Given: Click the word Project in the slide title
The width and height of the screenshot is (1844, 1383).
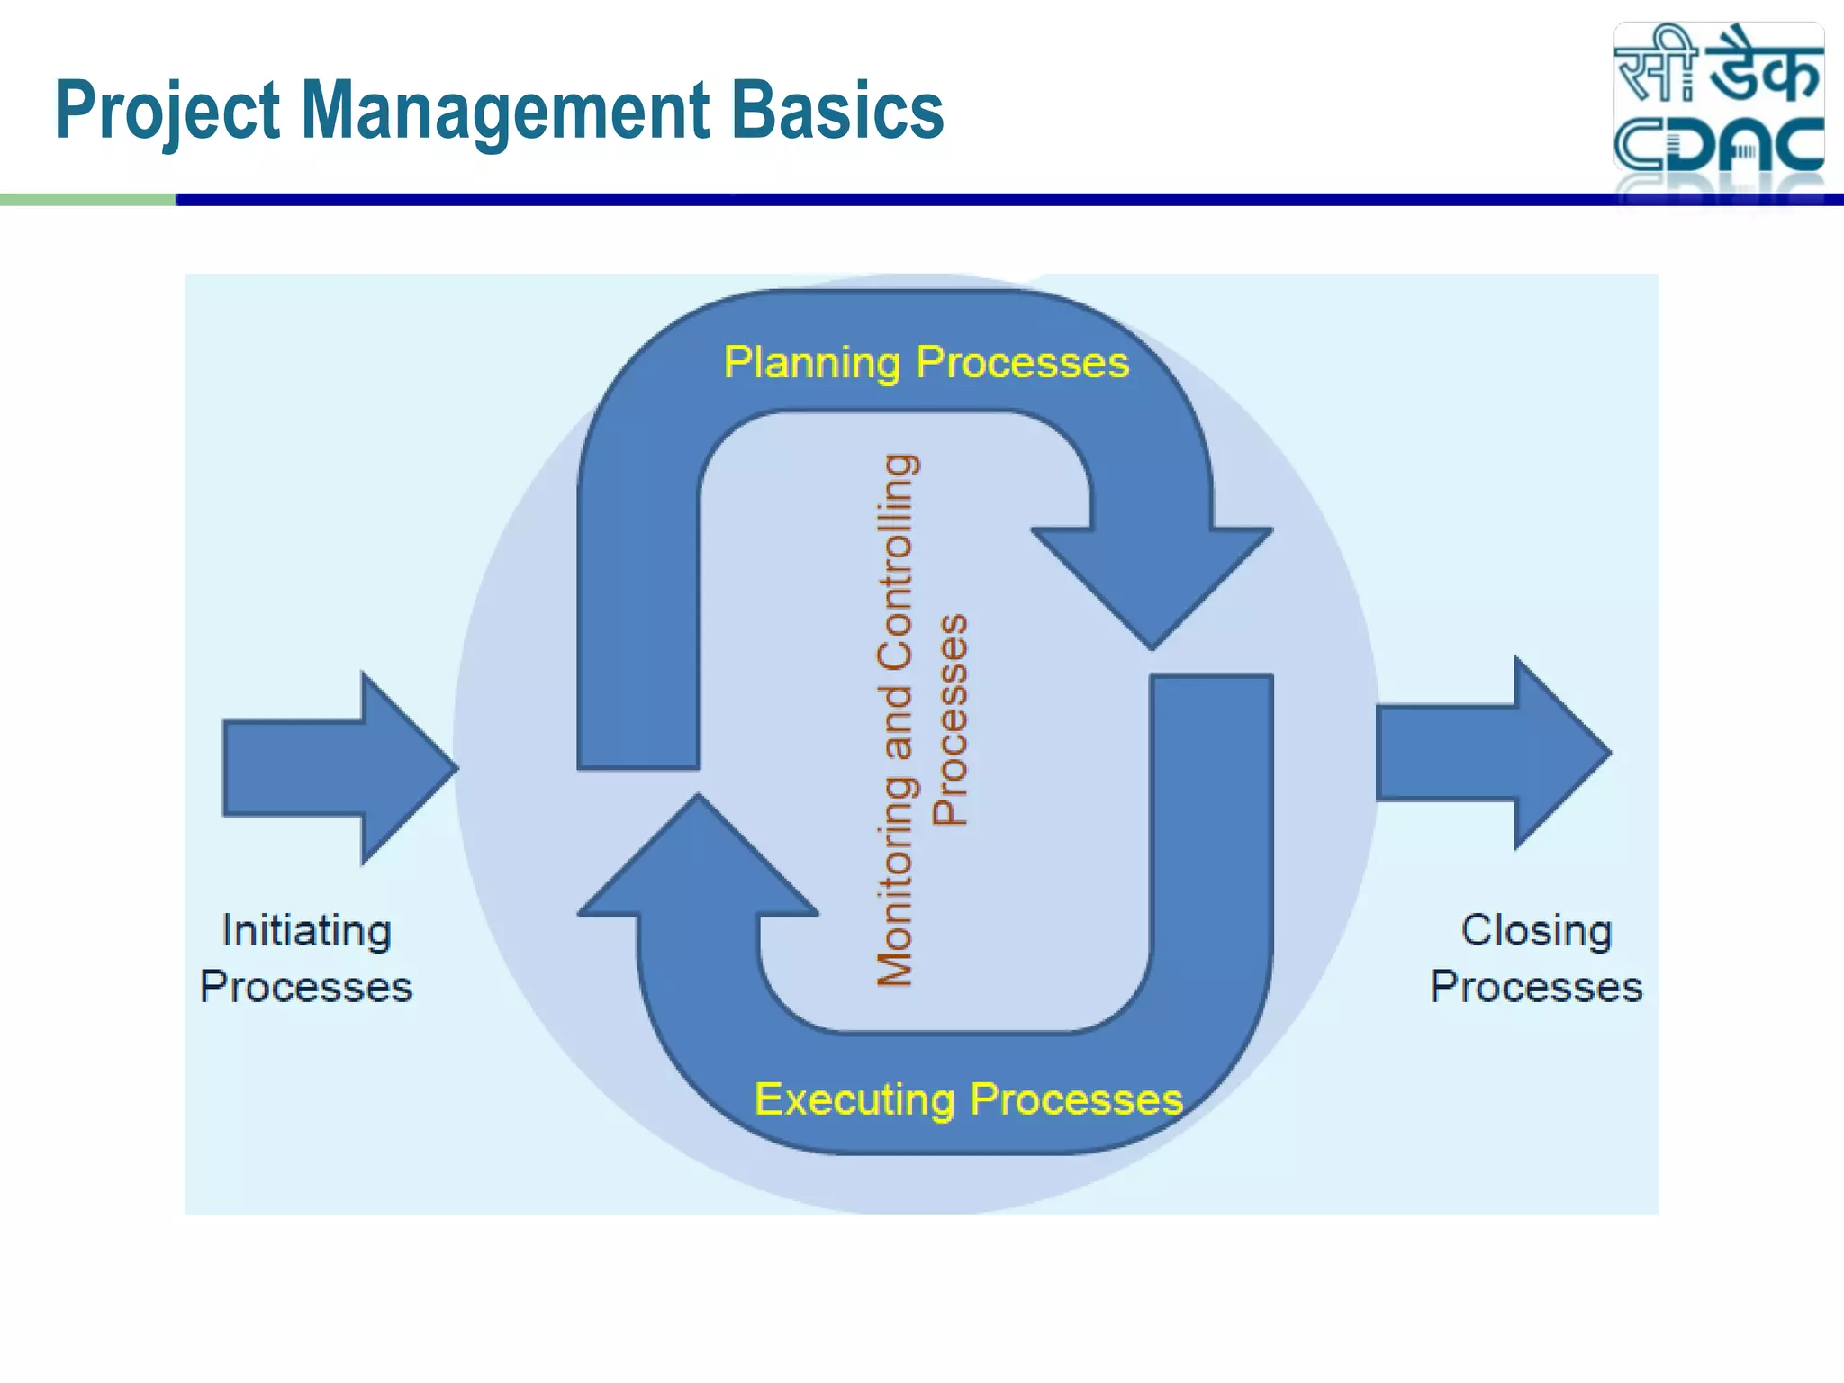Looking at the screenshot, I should [167, 112].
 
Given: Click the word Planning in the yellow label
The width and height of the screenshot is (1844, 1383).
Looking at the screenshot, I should [811, 364].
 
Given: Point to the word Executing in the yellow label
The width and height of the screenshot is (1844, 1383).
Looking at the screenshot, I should [854, 1099].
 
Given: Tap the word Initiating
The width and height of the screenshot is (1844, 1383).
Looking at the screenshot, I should [306, 931].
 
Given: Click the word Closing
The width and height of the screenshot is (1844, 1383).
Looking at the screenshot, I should [1536, 931].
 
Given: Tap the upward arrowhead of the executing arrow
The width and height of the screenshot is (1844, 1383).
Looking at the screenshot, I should [698, 864].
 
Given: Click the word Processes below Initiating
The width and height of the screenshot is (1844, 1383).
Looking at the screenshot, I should [306, 988].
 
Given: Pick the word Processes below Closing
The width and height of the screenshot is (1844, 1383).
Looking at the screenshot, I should [1536, 988].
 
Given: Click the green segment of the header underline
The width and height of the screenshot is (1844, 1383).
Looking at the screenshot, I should [87, 200].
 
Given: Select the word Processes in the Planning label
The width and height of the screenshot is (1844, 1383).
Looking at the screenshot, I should [1022, 364].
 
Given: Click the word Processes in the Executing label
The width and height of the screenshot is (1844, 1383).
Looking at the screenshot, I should [1077, 1099].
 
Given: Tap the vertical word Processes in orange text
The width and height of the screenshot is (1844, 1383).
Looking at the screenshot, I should [950, 719].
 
